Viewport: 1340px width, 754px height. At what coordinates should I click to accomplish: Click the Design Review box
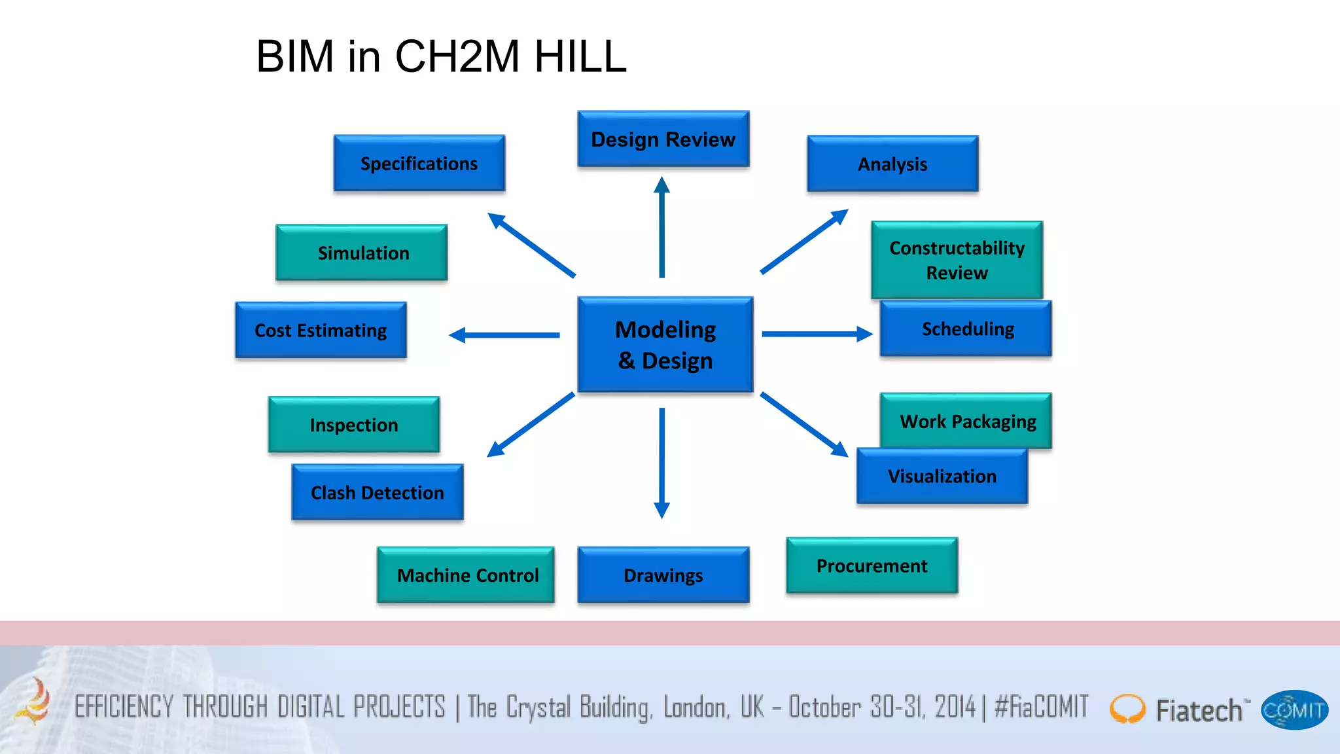[x=663, y=139]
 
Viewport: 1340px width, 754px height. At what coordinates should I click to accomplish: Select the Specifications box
[x=419, y=163]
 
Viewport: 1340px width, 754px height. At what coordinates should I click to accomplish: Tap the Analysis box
[x=892, y=164]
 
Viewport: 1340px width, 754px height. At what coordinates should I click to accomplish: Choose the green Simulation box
[x=362, y=253]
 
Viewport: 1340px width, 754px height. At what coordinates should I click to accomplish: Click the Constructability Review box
[x=957, y=259]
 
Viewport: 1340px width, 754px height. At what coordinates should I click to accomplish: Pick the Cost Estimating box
[x=321, y=330]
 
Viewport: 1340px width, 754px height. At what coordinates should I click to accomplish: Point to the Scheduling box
[x=966, y=329]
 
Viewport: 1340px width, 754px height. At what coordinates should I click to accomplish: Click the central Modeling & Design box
[x=665, y=344]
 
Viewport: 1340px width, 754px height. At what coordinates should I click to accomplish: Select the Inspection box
[x=353, y=424]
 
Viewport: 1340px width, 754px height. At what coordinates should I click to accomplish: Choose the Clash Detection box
[x=377, y=492]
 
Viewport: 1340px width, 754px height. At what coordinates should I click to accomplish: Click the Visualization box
[x=942, y=476]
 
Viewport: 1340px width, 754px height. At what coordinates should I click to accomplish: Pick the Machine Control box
[x=466, y=575]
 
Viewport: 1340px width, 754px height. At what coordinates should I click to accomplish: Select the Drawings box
[x=663, y=575]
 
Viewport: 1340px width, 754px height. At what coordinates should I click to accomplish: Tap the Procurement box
[x=872, y=565]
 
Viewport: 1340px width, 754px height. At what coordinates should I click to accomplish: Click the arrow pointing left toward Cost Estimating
[x=504, y=335]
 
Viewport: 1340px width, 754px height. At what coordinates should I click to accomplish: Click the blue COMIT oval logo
[x=1294, y=710]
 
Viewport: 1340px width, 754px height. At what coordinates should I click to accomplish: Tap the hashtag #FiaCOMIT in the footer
[x=1041, y=707]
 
